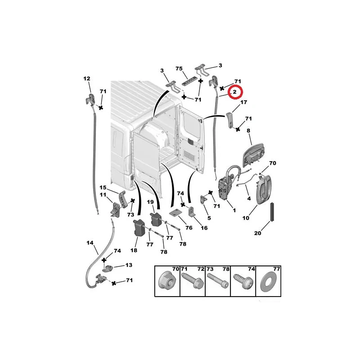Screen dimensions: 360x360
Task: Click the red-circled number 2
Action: tap(234, 92)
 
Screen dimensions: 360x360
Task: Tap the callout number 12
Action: tap(87, 79)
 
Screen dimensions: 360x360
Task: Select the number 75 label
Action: tap(179, 69)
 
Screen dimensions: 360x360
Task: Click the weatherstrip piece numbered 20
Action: tap(272, 212)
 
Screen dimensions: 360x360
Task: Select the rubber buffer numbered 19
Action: tap(155, 220)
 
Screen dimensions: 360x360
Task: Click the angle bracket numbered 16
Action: tap(192, 211)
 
